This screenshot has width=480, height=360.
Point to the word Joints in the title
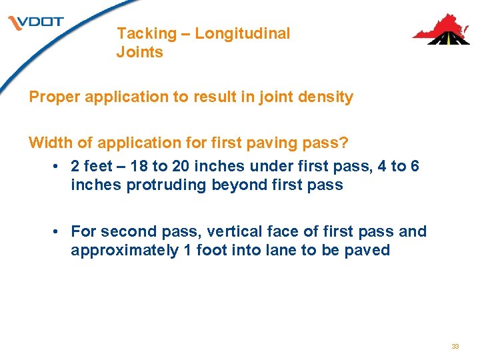coord(139,52)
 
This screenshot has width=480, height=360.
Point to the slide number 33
coord(455,347)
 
